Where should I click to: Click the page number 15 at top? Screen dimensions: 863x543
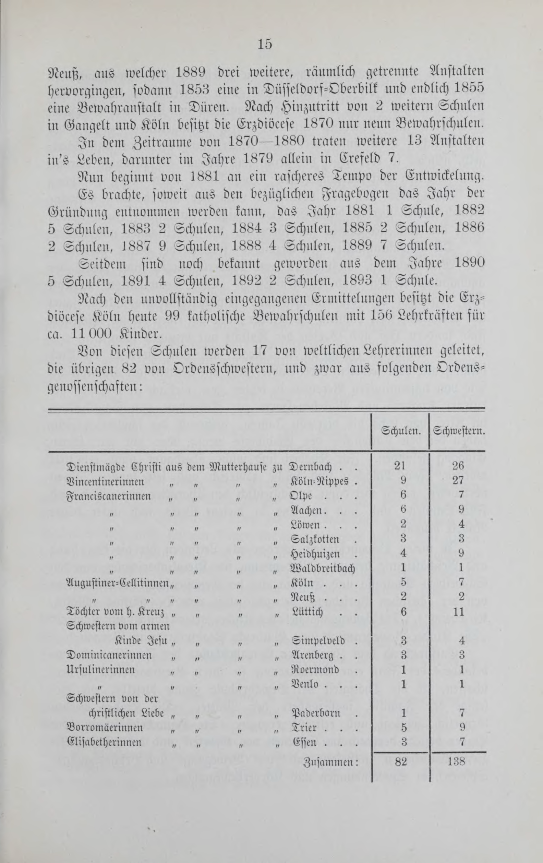(265, 44)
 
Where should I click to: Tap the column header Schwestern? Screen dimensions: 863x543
(459, 430)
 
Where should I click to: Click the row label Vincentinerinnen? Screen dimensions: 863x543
(106, 481)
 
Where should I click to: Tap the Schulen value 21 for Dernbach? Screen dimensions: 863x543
(400, 466)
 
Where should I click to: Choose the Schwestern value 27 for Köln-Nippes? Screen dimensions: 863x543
(458, 480)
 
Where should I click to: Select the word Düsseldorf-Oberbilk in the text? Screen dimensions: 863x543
(323, 89)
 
